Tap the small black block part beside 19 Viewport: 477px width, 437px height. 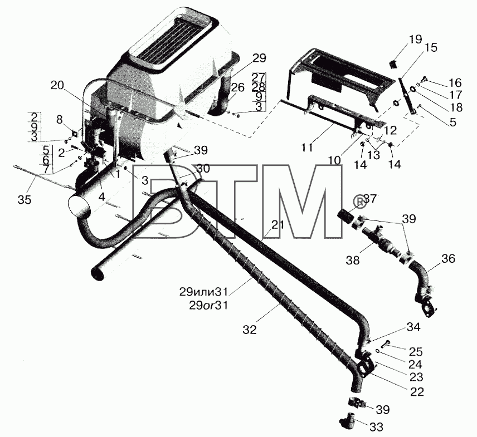394,64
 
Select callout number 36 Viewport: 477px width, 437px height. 448,259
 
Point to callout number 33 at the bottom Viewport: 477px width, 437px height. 376,428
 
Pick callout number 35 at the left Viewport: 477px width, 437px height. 25,200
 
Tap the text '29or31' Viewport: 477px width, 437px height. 208,305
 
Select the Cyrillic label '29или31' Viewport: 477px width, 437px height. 203,292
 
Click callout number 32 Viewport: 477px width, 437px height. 250,330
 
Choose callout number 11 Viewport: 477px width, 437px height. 306,148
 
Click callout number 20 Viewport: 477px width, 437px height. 57,86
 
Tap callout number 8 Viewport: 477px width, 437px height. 61,119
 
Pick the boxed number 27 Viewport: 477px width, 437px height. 259,77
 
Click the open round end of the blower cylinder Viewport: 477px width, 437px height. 80,205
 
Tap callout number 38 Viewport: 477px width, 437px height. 353,260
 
